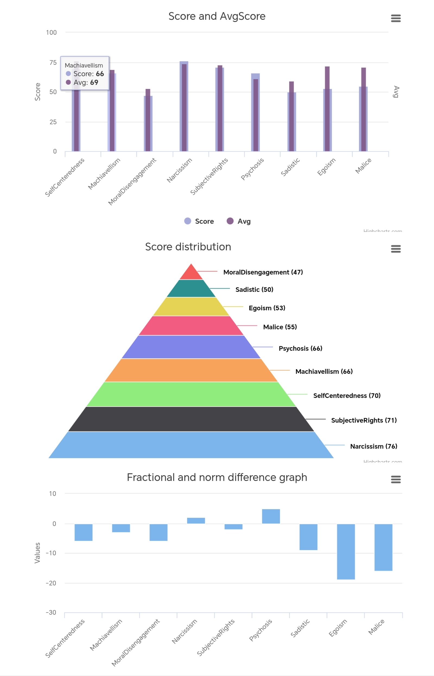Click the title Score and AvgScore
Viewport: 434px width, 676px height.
coord(217,16)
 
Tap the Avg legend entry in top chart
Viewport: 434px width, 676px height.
coord(239,221)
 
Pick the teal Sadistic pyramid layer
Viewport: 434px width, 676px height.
coord(191,289)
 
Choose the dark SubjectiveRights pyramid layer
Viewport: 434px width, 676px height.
coord(191,419)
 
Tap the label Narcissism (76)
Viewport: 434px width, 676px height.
coord(373,446)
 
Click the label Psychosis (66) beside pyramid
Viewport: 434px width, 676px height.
coord(300,348)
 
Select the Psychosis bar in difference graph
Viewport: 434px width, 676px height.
coord(271,516)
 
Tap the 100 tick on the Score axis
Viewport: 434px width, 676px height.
coord(51,33)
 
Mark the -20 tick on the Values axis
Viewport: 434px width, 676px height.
coord(51,583)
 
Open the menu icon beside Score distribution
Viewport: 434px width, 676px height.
coord(396,249)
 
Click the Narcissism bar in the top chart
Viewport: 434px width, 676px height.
coord(184,107)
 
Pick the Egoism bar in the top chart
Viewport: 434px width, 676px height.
coord(327,110)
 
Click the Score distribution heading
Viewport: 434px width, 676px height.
coord(188,247)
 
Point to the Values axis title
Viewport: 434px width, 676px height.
coord(37,553)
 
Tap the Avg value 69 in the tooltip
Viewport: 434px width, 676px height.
coord(94,82)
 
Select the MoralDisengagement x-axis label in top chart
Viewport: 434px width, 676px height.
coord(132,181)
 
